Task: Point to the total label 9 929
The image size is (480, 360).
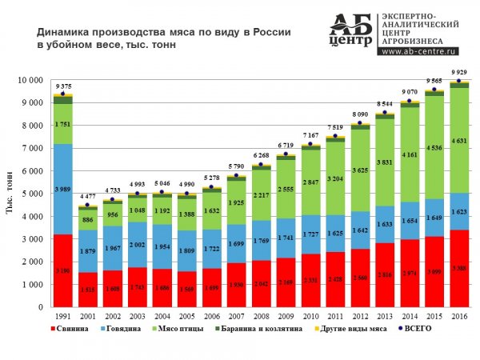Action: click(x=459, y=73)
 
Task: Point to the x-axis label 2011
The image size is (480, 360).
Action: click(x=335, y=316)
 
